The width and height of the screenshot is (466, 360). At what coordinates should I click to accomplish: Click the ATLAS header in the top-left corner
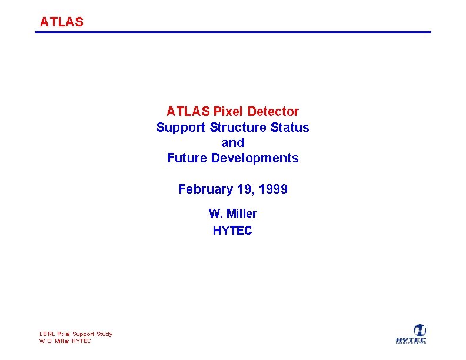tap(62, 22)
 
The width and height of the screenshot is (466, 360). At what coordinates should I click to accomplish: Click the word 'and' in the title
tap(232, 142)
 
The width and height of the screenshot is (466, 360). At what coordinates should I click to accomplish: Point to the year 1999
tap(274, 189)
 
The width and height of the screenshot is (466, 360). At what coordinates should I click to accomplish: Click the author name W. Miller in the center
tap(232, 214)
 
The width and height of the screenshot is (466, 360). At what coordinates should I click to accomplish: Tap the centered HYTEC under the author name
tap(232, 230)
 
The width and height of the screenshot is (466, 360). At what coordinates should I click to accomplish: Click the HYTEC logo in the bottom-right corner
tap(411, 334)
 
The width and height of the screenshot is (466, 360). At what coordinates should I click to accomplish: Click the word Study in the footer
tap(104, 334)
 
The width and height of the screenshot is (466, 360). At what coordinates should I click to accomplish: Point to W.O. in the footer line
tap(46, 341)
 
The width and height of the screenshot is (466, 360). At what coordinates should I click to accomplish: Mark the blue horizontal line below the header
tap(233, 32)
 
